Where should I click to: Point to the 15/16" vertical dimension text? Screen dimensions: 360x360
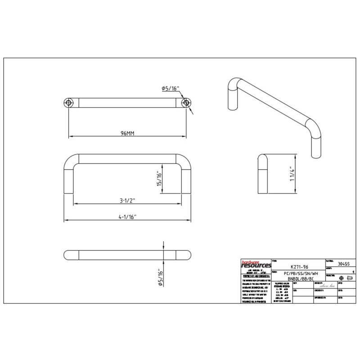[x=158, y=180]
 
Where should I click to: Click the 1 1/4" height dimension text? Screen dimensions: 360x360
[x=292, y=175]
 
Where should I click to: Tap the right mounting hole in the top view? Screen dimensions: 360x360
[x=185, y=103]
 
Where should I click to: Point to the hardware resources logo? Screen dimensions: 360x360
[x=255, y=265]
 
